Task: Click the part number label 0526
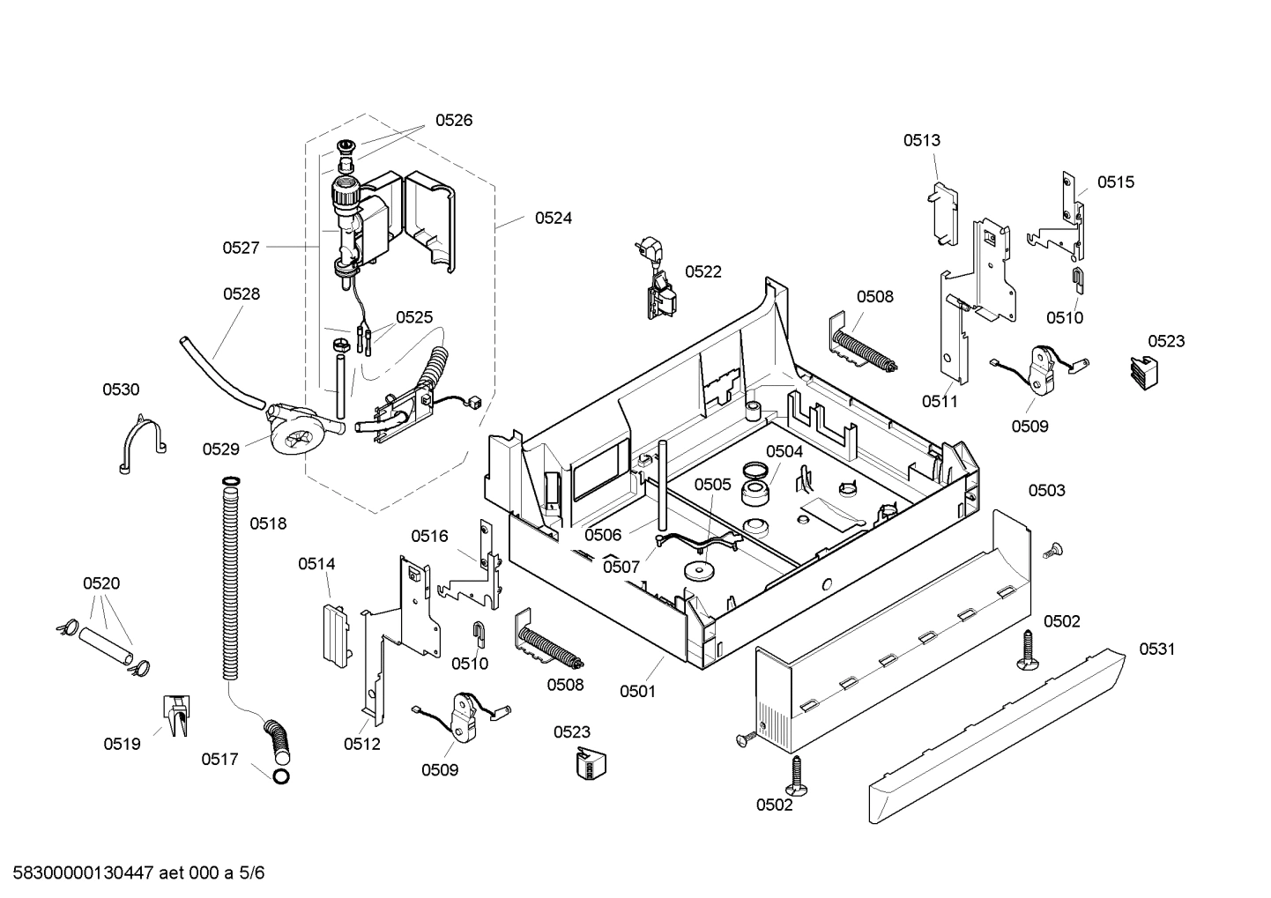pyautogui.click(x=453, y=121)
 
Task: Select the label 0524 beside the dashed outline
pyautogui.click(x=553, y=218)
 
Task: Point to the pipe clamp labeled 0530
pyautogui.click(x=140, y=443)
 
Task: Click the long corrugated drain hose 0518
pyautogui.click(x=231, y=582)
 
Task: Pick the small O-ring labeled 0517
pyautogui.click(x=280, y=776)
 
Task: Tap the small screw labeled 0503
pyautogui.click(x=1050, y=552)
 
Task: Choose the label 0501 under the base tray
pyautogui.click(x=637, y=691)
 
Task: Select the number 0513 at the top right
pyautogui.click(x=921, y=139)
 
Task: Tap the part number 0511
pyautogui.click(x=940, y=401)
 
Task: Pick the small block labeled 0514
pyautogui.click(x=333, y=630)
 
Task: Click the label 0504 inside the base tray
pyautogui.click(x=784, y=451)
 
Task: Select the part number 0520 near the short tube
pyautogui.click(x=101, y=583)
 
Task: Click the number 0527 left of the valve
pyautogui.click(x=241, y=248)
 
